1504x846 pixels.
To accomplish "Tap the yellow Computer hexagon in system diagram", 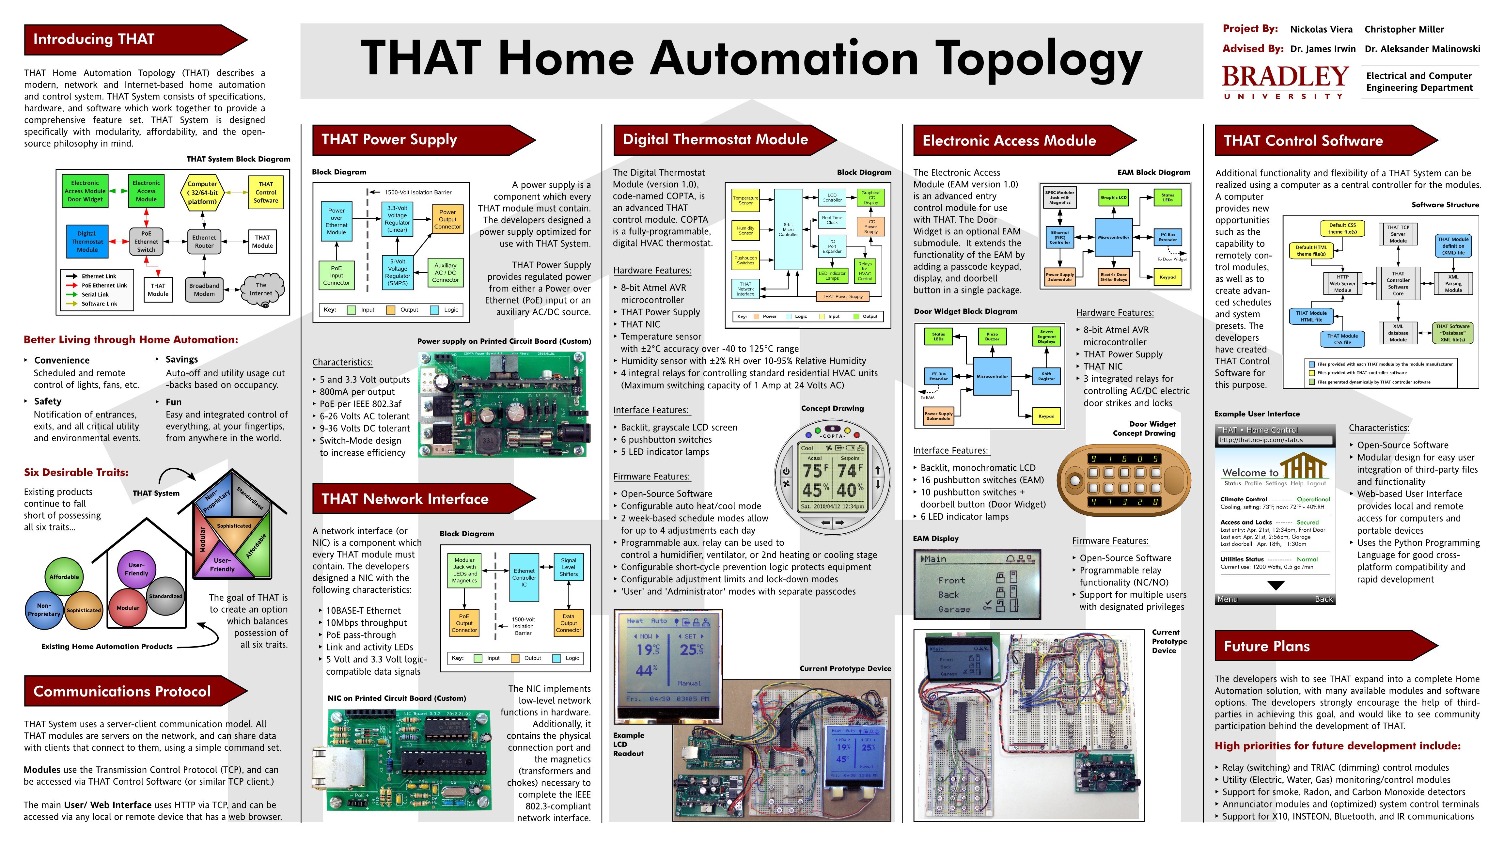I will (202, 193).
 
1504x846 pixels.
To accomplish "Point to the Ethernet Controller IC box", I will (524, 577).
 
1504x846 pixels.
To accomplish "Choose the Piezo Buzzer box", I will (992, 337).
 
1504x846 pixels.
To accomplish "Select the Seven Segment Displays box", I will (1046, 337).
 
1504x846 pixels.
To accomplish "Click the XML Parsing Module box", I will (1453, 283).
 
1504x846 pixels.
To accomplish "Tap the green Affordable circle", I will (64, 577).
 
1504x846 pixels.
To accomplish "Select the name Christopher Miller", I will (1403, 29).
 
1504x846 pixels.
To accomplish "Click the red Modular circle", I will (128, 608).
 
